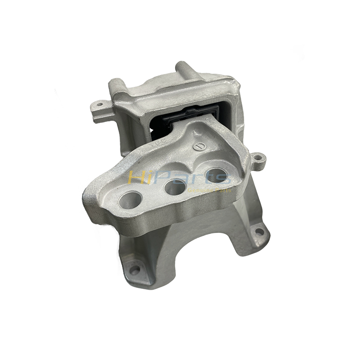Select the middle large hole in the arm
(175, 187)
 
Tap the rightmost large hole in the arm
(216, 175)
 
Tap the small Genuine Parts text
(216, 190)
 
